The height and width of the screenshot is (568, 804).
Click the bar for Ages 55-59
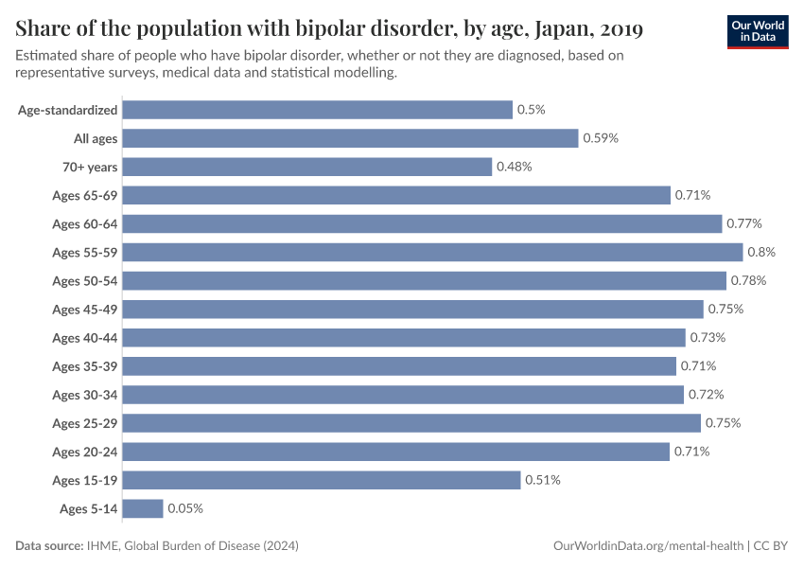coord(432,252)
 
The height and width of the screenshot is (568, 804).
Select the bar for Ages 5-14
coord(143,508)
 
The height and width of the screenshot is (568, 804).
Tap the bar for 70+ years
coord(307,167)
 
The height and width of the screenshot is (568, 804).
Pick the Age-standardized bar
coord(318,110)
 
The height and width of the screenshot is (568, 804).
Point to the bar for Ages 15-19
coord(322,480)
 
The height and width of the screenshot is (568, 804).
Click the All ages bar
coord(350,138)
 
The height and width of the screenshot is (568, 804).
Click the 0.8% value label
coord(761,252)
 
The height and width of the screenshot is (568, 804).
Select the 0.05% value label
coord(185,508)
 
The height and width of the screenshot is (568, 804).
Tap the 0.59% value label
coord(601,138)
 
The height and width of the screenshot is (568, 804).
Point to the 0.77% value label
coord(744,223)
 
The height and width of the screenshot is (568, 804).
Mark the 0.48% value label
coord(515,167)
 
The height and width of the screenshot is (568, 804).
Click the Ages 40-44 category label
coord(85,338)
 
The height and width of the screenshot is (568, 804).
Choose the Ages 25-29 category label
coord(85,423)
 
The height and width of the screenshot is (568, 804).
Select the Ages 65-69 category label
coord(85,195)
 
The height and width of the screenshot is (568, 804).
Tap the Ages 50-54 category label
coord(85,281)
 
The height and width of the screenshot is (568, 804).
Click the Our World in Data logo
coord(758,31)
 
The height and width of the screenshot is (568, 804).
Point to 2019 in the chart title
coord(620,29)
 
